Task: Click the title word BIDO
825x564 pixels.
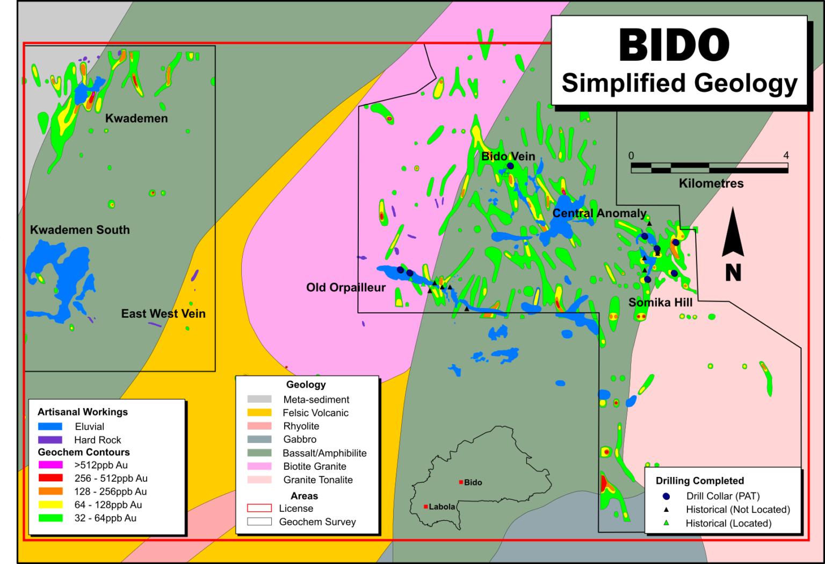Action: (674, 45)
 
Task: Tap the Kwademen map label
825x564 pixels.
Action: (136, 118)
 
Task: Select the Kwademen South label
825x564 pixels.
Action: (80, 230)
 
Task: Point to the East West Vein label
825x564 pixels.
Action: (163, 314)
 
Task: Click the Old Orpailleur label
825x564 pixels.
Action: (346, 288)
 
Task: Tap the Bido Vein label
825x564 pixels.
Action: (508, 156)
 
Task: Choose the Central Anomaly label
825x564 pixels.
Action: (599, 213)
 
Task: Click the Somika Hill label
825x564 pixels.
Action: (660, 303)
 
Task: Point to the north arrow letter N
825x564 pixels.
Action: (733, 273)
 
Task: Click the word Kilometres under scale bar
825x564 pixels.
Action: (711, 183)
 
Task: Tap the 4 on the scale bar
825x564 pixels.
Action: (786, 155)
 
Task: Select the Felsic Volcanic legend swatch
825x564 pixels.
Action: (259, 413)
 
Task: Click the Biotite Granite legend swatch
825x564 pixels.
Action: (259, 466)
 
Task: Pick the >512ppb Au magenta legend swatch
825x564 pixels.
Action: (50, 465)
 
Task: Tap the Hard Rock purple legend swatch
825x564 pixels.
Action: (50, 440)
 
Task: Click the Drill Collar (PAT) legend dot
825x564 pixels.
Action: (667, 496)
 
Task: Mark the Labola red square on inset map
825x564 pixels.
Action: (425, 506)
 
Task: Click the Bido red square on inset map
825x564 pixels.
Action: (461, 482)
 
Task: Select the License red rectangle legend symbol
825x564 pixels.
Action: (259, 508)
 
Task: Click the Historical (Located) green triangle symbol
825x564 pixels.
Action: (667, 523)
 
